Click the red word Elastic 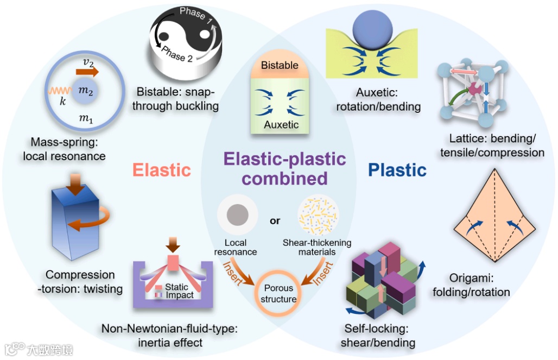(x=162, y=169)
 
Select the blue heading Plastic (x=397, y=169)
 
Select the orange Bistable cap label (x=280, y=66)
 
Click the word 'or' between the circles (x=275, y=220)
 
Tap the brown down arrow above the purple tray (x=173, y=243)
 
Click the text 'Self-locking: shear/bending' (x=378, y=336)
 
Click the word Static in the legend (x=177, y=287)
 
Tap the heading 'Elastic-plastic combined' (x=284, y=168)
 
